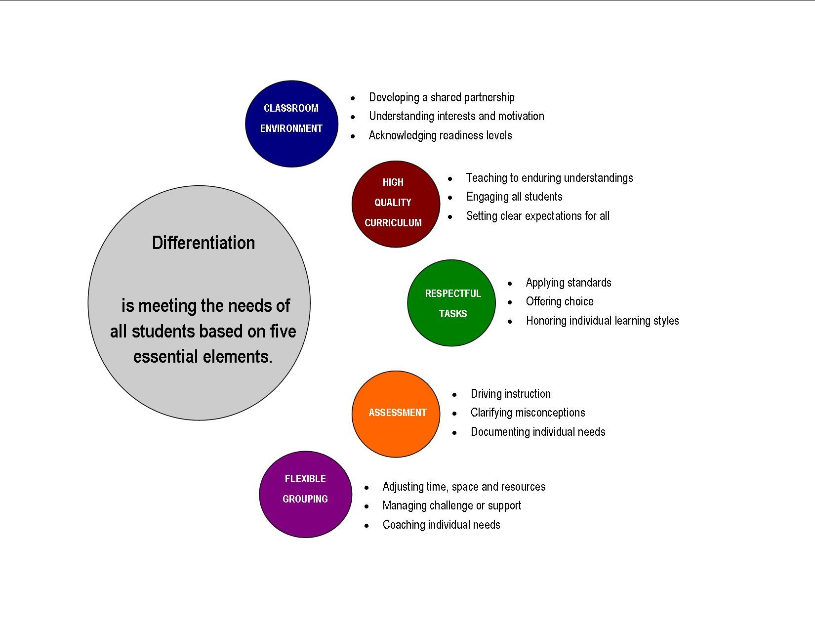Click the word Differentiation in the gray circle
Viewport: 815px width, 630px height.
(204, 243)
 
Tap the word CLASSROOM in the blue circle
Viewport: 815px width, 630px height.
(291, 108)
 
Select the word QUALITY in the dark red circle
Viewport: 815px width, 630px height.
(393, 203)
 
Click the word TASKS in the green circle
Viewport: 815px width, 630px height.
(452, 314)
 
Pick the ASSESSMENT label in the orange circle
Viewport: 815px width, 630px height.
(398, 413)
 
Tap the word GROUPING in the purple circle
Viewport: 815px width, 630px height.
(305, 499)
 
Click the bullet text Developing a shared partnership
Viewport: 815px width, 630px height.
(442, 97)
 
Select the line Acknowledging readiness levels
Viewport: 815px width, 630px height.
(440, 135)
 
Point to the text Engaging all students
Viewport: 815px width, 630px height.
(514, 197)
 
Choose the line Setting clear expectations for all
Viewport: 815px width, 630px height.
(537, 216)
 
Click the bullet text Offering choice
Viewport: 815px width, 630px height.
(560, 301)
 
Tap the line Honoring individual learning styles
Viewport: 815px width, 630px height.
(602, 321)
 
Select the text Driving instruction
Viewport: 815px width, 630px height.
(510, 394)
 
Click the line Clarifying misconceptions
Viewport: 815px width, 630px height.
(528, 413)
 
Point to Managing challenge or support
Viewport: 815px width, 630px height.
(451, 506)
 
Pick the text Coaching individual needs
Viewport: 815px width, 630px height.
(441, 525)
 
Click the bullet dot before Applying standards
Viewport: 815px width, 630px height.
(510, 284)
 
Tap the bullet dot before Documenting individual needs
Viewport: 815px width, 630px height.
(454, 433)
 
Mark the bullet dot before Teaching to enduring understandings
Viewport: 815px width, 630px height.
(450, 179)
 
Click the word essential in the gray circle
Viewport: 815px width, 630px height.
(165, 356)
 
